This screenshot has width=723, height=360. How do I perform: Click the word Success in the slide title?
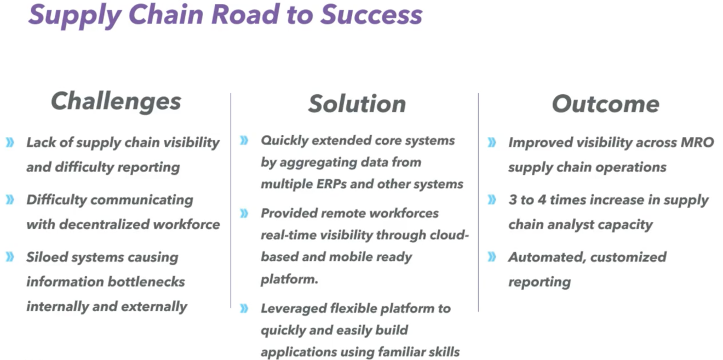(371, 14)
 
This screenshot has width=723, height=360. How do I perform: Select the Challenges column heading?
(116, 101)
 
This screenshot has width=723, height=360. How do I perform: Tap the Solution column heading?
(357, 104)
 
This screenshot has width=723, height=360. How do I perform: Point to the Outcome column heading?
(605, 104)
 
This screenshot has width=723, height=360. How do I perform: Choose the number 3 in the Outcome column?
(513, 200)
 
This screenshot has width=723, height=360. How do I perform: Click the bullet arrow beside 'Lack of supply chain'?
(10, 143)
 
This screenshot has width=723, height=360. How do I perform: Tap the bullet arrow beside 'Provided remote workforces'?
(244, 213)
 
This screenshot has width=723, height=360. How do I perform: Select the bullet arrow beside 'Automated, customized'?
(492, 257)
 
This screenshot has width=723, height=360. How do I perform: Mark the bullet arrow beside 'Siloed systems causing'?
(10, 257)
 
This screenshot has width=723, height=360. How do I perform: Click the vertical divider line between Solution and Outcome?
(478, 203)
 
